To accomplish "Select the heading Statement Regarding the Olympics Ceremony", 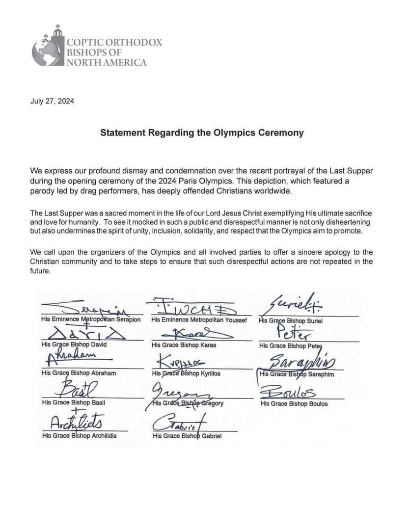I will coord(202,132).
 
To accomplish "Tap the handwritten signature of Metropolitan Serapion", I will coord(96,309).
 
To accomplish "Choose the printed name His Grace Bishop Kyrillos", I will coord(189,374).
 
